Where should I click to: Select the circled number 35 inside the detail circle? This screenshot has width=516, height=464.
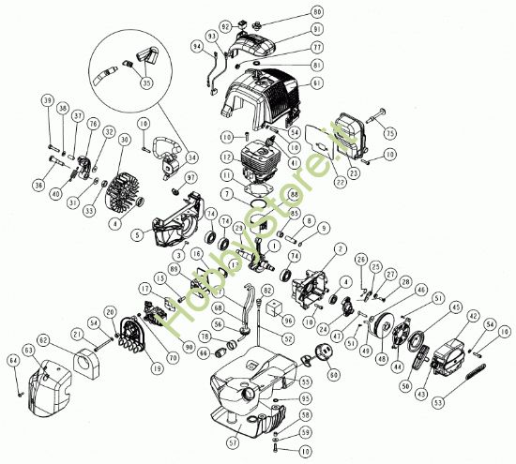(146, 82)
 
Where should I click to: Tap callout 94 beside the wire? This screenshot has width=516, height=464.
(197, 45)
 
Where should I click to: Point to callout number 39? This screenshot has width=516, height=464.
(47, 100)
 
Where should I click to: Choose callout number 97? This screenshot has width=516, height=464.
(191, 178)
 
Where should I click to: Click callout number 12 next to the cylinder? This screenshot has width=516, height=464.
(226, 137)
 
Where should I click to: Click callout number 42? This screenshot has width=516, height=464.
(473, 316)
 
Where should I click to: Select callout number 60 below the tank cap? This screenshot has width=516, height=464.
(333, 375)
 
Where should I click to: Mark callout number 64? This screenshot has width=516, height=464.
(12, 359)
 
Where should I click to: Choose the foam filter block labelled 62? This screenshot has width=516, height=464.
(85, 357)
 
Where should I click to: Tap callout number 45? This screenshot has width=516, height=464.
(456, 306)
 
